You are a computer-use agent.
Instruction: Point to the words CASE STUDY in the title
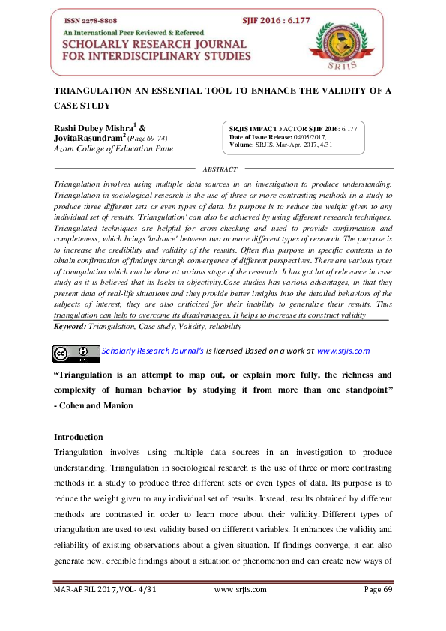[x=83, y=106]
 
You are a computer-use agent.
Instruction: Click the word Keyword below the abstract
[x=70, y=327]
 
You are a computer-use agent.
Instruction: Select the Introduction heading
[x=79, y=437]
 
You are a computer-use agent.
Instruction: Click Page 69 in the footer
[x=378, y=610]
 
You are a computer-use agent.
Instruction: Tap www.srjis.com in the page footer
[x=240, y=610]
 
